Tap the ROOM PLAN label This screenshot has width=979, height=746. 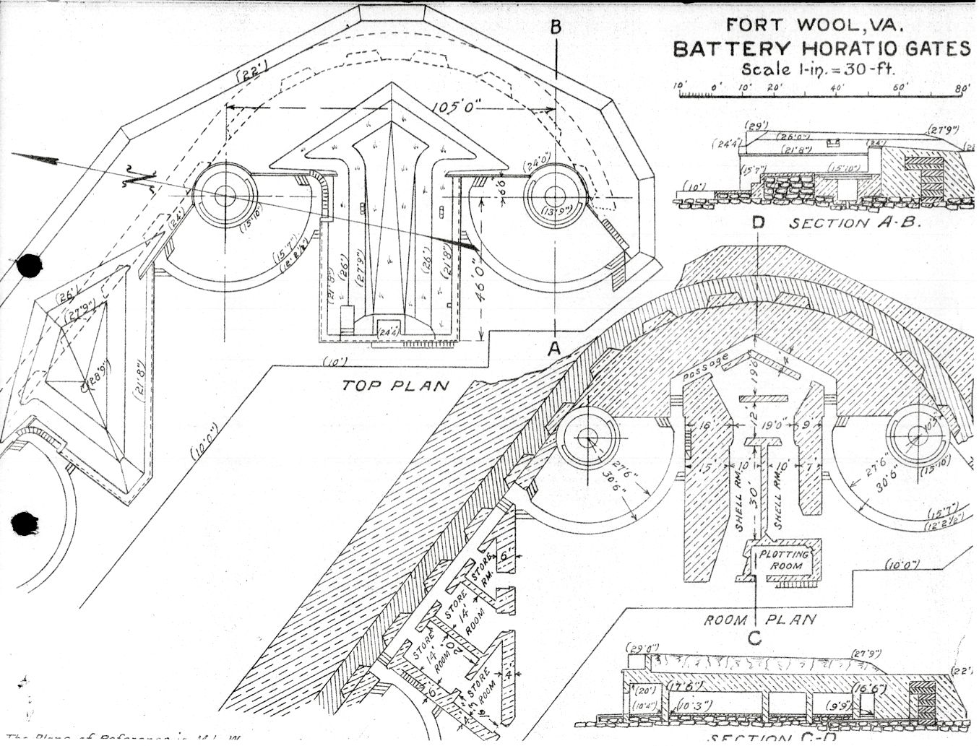[x=760, y=620]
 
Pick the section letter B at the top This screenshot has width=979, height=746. [x=555, y=27]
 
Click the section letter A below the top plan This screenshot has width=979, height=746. [x=554, y=348]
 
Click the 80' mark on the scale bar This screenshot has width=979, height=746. [x=962, y=87]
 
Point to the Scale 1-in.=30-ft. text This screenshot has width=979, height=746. [x=818, y=70]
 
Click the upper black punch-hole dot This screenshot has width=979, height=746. [x=29, y=265]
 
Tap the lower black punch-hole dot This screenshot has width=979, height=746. [x=26, y=523]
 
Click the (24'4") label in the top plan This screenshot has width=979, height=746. [x=390, y=332]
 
